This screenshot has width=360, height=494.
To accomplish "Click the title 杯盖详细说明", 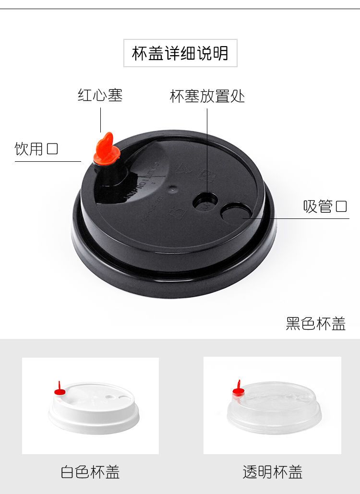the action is point(180,53).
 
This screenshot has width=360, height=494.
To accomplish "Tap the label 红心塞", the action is point(100,95).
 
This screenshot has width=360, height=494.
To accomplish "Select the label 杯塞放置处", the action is point(207,96).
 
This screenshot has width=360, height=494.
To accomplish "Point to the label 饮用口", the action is point(36,149).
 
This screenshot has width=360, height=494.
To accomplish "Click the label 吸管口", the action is point(325,206).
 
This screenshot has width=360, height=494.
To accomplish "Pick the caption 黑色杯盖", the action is point(315,324).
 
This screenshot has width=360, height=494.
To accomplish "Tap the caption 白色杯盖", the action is point(90,472).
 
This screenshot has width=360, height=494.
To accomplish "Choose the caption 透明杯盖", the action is point(273,472).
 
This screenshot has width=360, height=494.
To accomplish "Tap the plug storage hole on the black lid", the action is point(205,201).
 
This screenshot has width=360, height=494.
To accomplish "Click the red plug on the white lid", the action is point(60,389).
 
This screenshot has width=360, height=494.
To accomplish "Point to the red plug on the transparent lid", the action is point(239,389).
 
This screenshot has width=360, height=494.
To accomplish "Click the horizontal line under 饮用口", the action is point(48,162).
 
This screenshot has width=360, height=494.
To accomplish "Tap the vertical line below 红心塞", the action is point(100,120).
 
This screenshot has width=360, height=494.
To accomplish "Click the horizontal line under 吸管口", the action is point(296,218).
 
